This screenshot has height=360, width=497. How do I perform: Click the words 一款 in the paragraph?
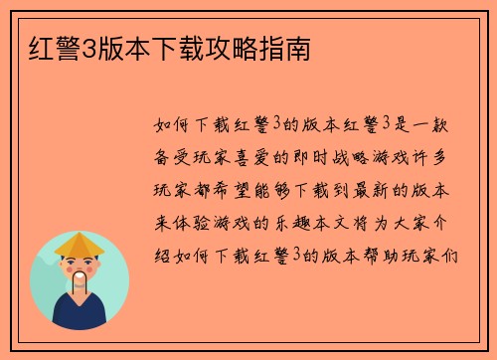[x=445, y=125]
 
